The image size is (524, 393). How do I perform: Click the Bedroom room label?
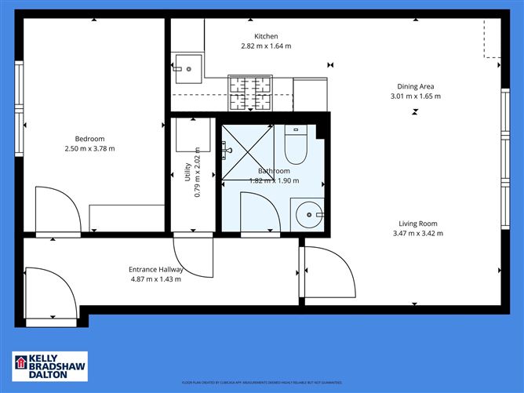coord(89,139)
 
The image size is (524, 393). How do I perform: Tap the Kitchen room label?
coord(266,36)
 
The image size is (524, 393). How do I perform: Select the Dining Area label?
coord(415,86)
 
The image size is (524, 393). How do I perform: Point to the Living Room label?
coord(418,223)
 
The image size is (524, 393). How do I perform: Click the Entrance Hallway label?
coord(156,270)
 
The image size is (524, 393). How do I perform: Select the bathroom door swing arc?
coord(257,212)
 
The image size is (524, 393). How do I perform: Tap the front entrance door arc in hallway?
coord(49,296)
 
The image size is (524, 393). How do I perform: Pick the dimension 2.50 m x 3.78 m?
coord(89,149)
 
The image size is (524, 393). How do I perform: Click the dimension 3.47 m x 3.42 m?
coord(418,233)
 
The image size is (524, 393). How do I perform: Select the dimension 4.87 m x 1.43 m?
coord(156,280)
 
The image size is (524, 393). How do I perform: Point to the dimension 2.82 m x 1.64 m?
coord(266,46)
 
